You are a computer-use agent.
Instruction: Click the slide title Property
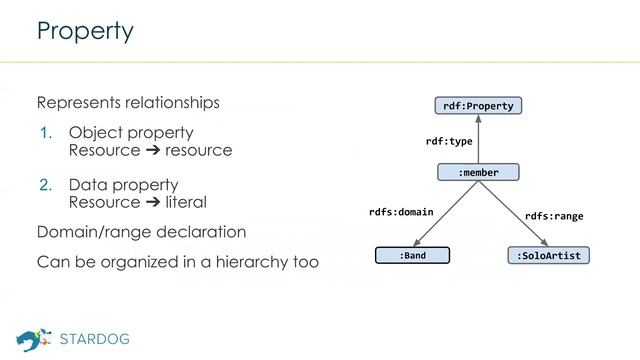pyautogui.click(x=85, y=31)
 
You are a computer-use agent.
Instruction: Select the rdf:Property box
pyautogui.click(x=478, y=105)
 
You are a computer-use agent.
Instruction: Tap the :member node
pyautogui.click(x=478, y=173)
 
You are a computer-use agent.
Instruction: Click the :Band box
pyautogui.click(x=412, y=256)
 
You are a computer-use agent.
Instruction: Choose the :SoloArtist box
pyautogui.click(x=547, y=256)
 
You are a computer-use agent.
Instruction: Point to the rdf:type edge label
pyautogui.click(x=448, y=141)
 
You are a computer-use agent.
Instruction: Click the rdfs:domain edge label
pyautogui.click(x=401, y=212)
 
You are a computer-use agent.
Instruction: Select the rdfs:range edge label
pyautogui.click(x=554, y=216)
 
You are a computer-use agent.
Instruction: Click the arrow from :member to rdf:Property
pyautogui.click(x=478, y=139)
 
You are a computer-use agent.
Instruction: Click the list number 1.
pyautogui.click(x=45, y=133)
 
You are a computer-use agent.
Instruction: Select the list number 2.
pyautogui.click(x=45, y=185)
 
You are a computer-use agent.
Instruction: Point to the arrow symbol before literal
pyautogui.click(x=153, y=202)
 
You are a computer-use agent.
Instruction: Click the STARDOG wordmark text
pyautogui.click(x=95, y=338)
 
